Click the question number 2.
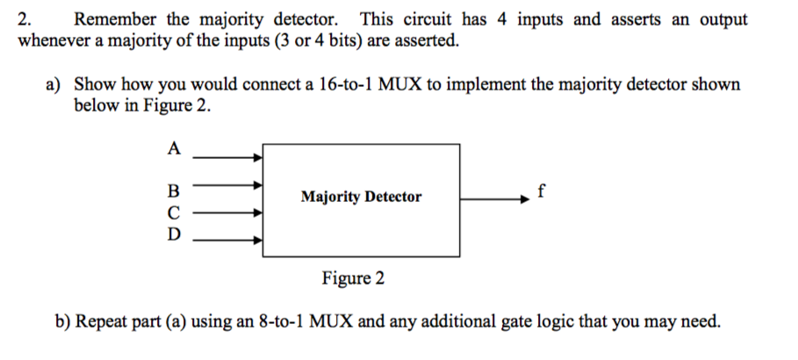coord(24,18)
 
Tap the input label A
coord(173,148)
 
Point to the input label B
coord(173,191)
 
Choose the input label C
coord(173,212)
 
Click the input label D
coord(173,234)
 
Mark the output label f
coord(543,189)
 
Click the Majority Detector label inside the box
coord(361,197)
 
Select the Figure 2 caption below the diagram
coord(353,279)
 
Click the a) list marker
coord(54,84)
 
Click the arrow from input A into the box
coord(226,157)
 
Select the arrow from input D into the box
coord(226,237)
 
